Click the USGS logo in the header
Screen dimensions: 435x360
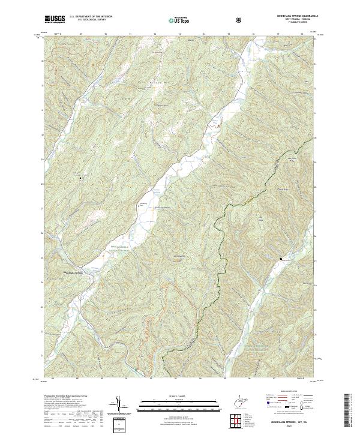tap(55, 19)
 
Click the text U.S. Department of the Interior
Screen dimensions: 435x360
tap(91, 17)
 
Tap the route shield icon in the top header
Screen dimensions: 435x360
tap(240, 20)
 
